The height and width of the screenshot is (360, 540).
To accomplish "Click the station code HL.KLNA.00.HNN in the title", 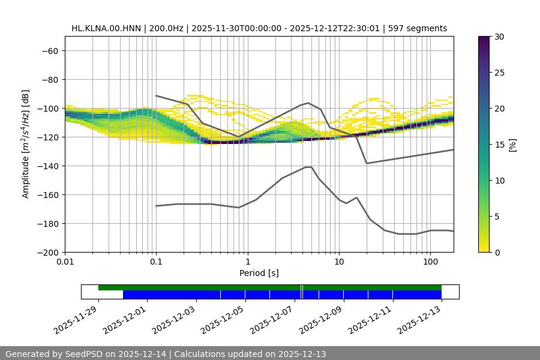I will (103, 28).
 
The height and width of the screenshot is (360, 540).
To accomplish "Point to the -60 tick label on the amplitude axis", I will (49, 50).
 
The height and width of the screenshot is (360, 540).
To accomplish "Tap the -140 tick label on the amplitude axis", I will (47, 166).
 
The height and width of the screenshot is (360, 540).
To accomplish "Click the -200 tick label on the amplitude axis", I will (47, 252).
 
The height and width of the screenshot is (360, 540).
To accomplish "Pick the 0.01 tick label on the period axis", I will (65, 262).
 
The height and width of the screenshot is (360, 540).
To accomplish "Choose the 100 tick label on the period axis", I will (430, 262).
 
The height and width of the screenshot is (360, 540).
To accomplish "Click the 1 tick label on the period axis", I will (247, 262).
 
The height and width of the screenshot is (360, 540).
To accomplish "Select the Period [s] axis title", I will (259, 273).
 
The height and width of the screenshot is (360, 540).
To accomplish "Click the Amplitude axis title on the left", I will (26, 144).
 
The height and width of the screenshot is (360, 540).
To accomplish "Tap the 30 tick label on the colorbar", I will (499, 37).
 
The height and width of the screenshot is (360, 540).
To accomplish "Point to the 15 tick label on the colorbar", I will (499, 145).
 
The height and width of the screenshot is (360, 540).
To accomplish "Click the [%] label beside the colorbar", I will (512, 145).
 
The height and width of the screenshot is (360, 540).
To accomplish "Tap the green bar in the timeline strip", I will (270, 287).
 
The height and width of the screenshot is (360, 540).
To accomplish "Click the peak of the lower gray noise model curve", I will (308, 167).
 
